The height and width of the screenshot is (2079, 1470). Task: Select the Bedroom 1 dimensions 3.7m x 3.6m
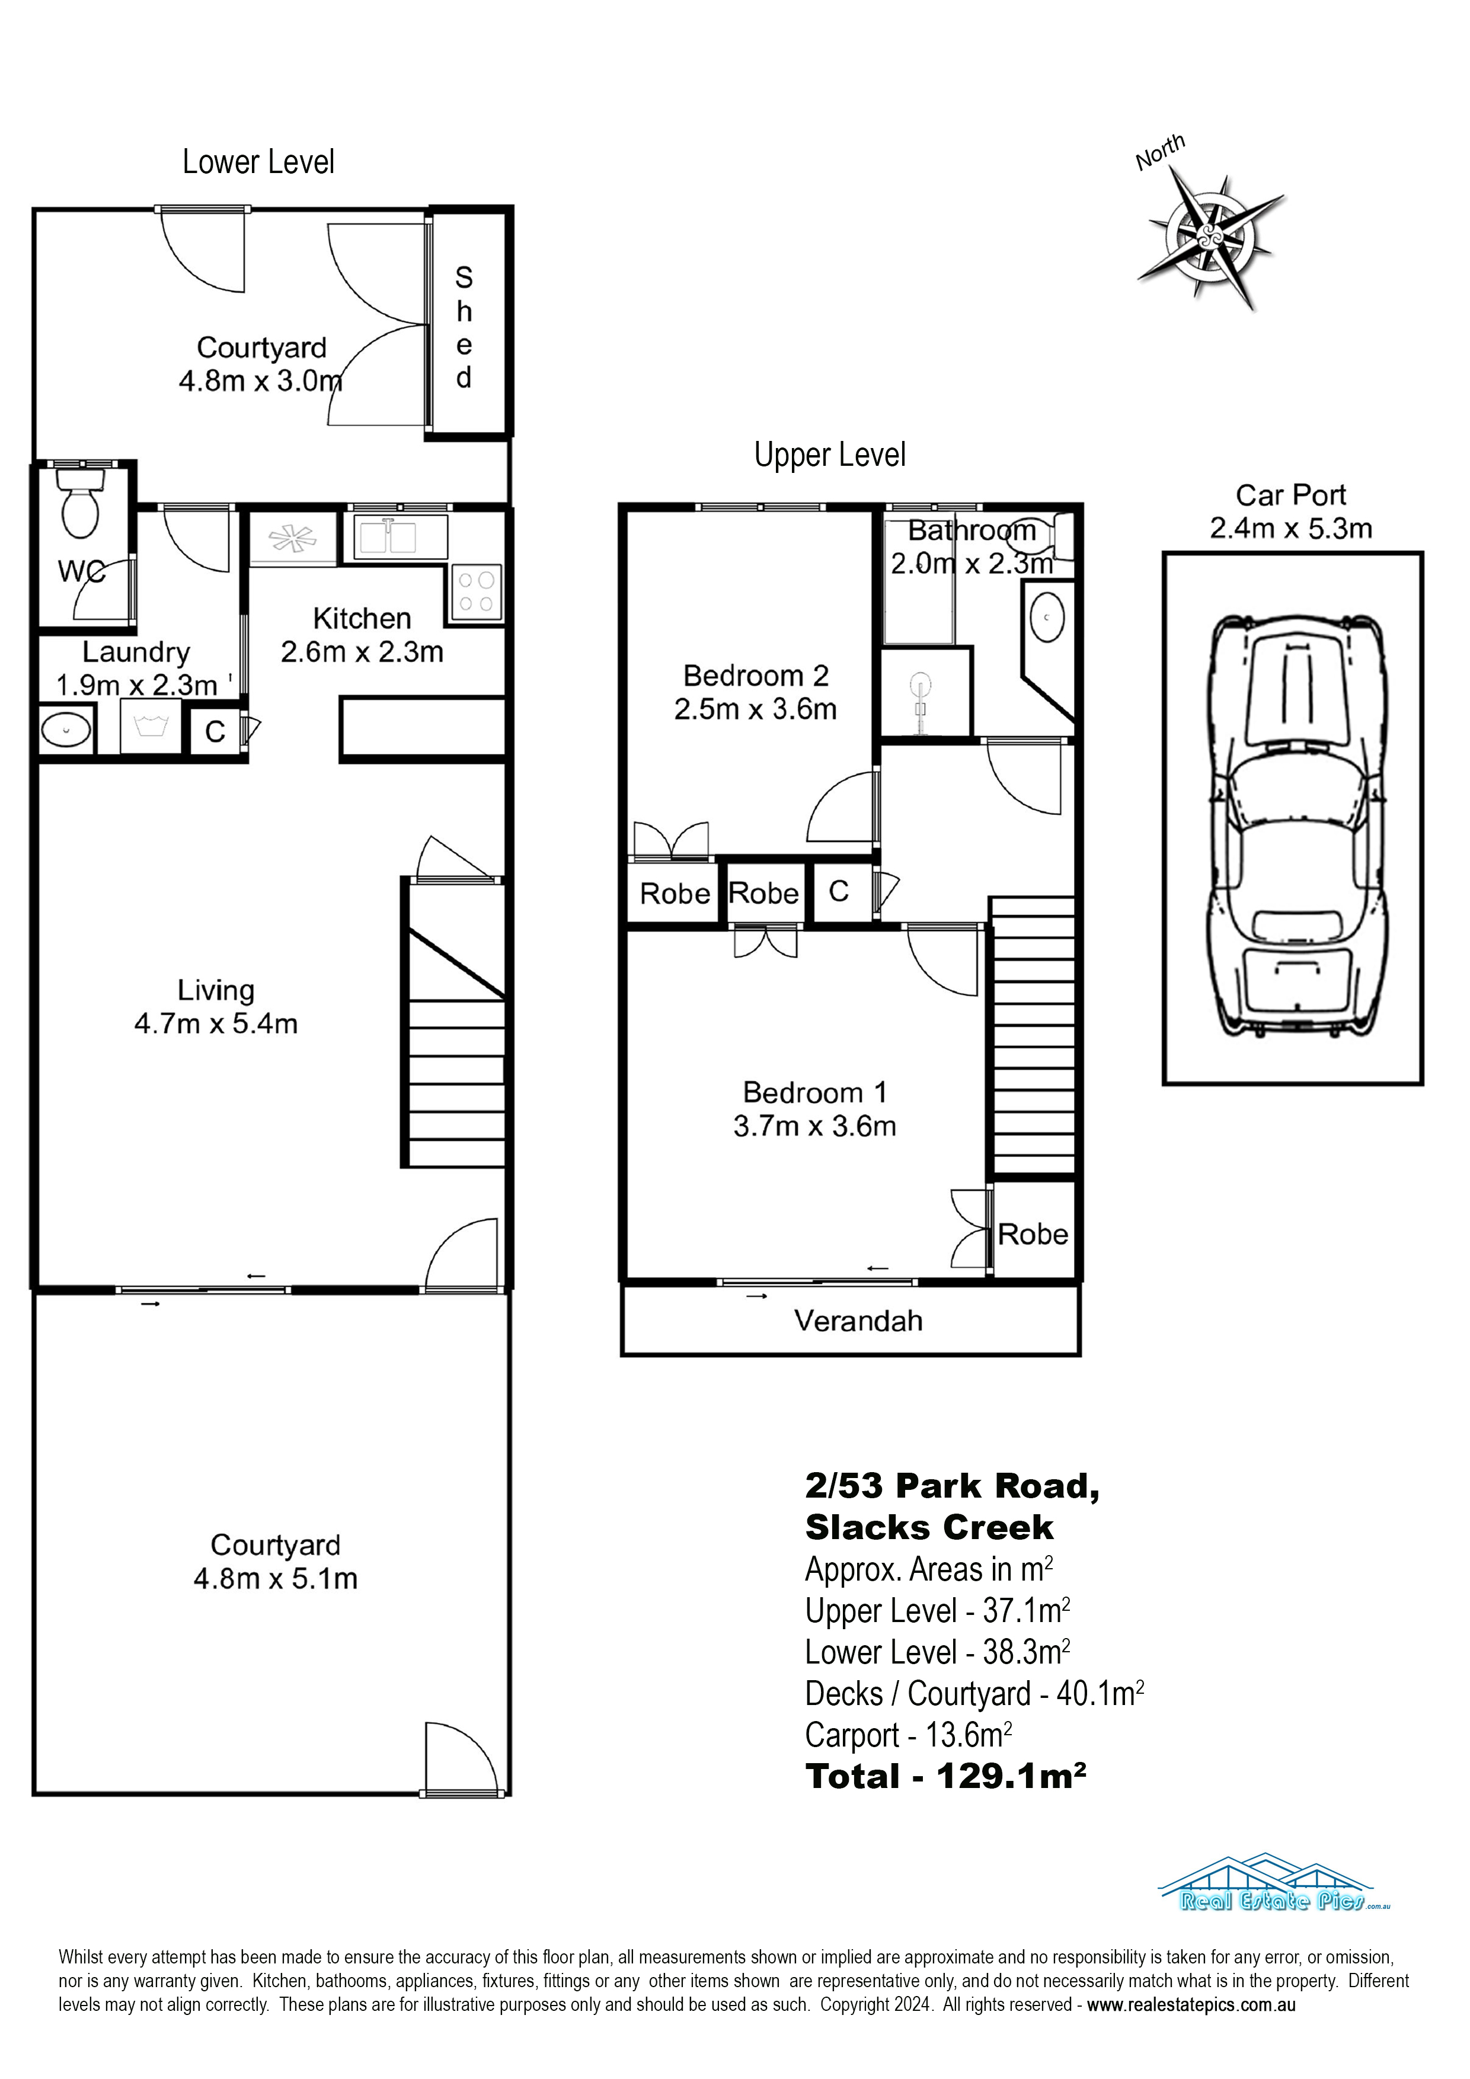tap(814, 1127)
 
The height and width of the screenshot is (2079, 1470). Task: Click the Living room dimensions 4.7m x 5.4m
tap(216, 1024)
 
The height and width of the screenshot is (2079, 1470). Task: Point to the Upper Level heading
tap(830, 455)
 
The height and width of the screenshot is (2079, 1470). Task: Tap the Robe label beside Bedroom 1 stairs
tap(1033, 1234)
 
